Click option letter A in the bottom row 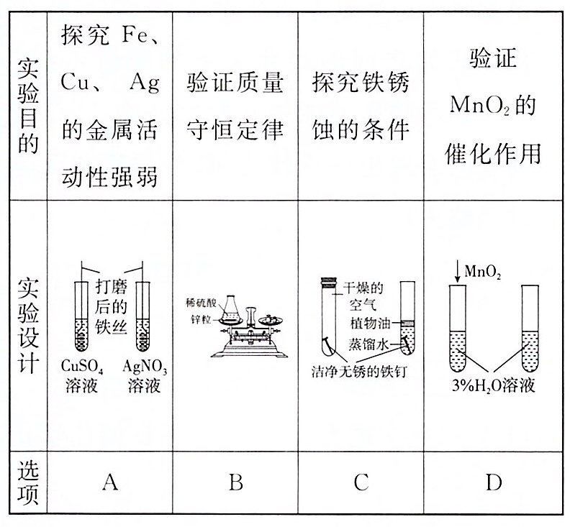tap(110, 482)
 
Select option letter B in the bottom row tap(235, 482)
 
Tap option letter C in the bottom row tap(361, 482)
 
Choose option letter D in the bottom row tap(493, 482)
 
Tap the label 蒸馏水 tap(371, 342)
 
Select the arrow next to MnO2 tap(456, 274)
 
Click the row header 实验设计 tap(27, 324)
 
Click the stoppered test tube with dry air tap(331, 316)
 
